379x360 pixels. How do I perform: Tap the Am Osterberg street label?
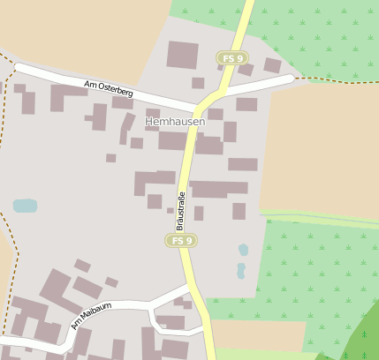point(109,89)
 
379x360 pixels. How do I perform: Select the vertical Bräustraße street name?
point(180,211)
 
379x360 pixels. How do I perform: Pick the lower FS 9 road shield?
point(180,240)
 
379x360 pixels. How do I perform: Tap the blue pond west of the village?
point(25,206)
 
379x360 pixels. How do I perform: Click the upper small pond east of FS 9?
point(244,250)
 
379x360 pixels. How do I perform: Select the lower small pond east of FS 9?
point(240,270)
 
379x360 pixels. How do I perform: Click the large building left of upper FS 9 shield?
point(183,55)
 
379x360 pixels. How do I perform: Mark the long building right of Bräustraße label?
point(220,188)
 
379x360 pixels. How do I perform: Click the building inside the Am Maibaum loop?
point(170,322)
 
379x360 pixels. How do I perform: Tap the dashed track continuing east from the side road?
point(336,79)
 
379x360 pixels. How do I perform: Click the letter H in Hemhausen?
point(148,122)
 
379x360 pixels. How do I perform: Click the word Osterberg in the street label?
point(115,91)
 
